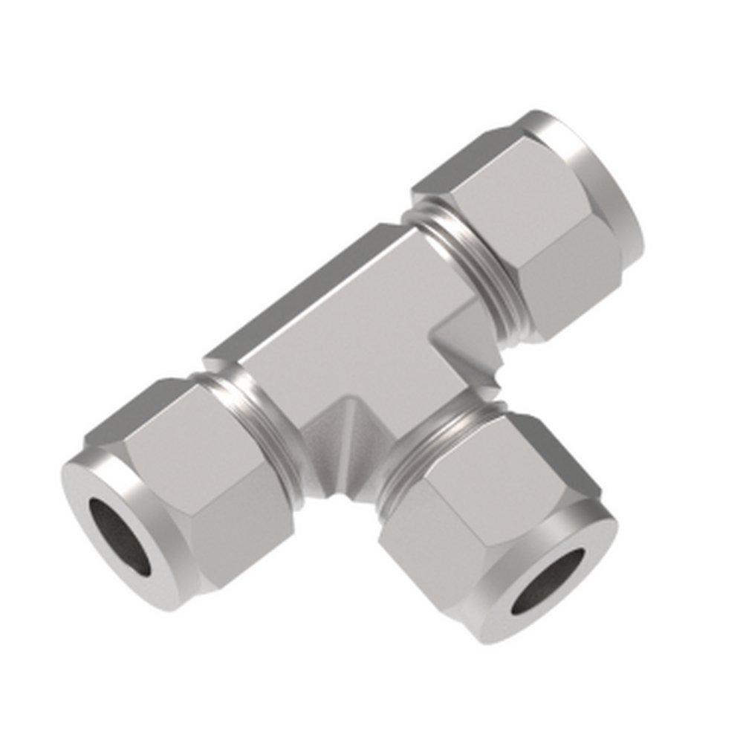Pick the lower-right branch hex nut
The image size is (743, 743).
click(476, 505)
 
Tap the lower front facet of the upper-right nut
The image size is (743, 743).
click(565, 290)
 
